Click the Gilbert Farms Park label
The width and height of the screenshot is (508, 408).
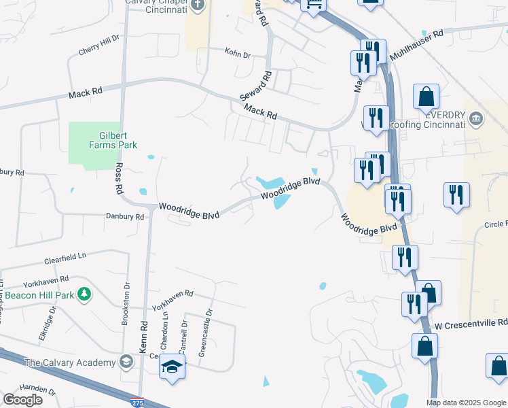coord(113,140)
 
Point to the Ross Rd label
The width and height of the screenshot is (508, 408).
coord(119,178)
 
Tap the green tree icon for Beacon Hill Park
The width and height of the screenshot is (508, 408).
coord(84,294)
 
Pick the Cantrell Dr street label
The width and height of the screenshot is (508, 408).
coord(183,333)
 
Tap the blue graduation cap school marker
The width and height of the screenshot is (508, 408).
coord(173,367)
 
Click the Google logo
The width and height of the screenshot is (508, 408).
coord(23,399)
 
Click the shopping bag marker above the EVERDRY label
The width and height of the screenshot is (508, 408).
coord(427,97)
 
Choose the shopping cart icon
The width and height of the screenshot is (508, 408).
coord(313,5)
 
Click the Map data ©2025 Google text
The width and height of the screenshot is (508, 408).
coord(466,403)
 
